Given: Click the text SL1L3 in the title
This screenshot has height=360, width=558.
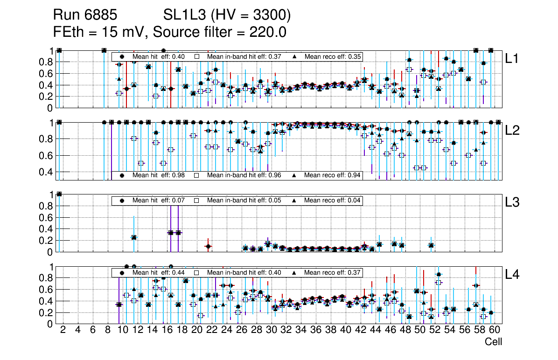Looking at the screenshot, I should pos(185,15).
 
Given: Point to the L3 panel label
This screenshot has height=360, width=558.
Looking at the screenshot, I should pos(513,202).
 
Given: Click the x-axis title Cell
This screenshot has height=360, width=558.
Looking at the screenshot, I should pos(493,342).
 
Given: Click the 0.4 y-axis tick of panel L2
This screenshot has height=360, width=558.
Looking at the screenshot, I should pos(49,172).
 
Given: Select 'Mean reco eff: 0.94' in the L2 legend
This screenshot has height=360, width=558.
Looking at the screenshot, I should pos(332,175).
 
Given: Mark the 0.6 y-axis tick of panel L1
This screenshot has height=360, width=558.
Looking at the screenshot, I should pos(49,74).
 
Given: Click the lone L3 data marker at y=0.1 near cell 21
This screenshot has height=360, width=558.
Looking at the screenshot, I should pos(208,246).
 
